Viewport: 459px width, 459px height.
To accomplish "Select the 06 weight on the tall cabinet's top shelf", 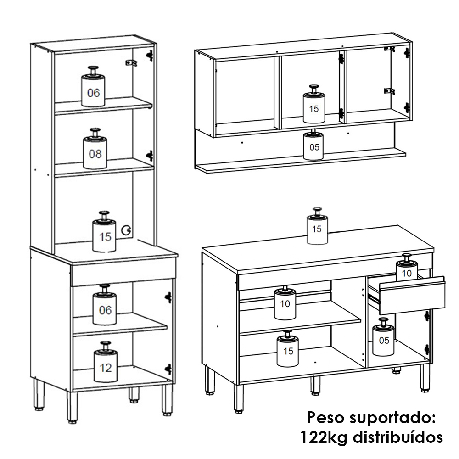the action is coord(93,86).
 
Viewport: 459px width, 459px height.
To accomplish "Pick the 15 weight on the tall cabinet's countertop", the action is coord(104,231).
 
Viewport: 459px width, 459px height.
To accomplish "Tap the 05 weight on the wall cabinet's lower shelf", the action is coord(313,145).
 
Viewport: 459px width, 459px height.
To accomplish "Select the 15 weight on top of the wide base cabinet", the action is coord(317,226).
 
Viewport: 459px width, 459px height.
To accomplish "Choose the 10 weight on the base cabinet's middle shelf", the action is coord(285,302).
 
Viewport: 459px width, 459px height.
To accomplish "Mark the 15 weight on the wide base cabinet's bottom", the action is coord(287,349).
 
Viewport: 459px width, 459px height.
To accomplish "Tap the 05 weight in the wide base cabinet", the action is coord(383,337).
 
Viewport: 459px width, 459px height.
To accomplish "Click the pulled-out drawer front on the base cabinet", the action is coord(412,295).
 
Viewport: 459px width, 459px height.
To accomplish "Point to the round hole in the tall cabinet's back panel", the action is coord(127,230).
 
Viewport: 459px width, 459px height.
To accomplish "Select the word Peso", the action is coord(325,417).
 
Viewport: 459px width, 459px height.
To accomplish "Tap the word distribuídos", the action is coord(397,437).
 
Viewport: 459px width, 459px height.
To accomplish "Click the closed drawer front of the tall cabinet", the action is coord(123,271).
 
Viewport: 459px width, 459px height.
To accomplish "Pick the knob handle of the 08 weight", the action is coord(95,132).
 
